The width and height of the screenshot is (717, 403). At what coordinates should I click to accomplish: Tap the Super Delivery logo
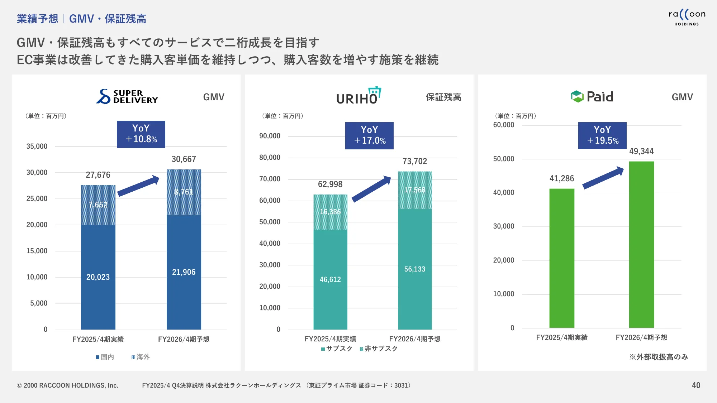tap(127, 96)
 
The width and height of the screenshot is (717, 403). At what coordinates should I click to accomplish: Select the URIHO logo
tap(358, 96)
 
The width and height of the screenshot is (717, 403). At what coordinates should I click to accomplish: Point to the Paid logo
tap(592, 96)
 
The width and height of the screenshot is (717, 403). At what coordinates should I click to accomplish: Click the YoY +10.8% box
tap(141, 134)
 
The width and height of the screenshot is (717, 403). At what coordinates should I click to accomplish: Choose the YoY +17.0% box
tap(369, 135)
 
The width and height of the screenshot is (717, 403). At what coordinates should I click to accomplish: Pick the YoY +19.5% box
tap(602, 135)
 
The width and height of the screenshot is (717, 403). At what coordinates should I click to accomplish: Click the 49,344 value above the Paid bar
tap(641, 151)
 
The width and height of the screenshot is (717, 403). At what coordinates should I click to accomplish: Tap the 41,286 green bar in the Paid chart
tap(562, 258)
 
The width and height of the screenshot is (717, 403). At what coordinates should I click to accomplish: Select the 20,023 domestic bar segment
tap(98, 277)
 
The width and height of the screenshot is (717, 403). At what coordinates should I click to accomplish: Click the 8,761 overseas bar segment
tap(184, 192)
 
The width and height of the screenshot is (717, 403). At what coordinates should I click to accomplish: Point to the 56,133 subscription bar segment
tap(415, 269)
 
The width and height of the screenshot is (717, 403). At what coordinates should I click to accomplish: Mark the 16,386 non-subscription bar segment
tap(330, 212)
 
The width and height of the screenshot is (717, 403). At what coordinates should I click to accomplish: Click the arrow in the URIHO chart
tap(371, 189)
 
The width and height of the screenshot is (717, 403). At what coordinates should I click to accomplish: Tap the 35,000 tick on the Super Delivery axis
tap(37, 146)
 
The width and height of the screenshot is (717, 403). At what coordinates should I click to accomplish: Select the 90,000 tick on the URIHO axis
tap(270, 136)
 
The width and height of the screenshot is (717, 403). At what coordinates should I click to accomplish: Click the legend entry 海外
tap(141, 357)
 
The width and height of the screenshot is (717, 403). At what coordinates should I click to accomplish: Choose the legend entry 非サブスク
tap(379, 349)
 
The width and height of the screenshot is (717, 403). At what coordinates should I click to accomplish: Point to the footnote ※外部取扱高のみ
tap(659, 357)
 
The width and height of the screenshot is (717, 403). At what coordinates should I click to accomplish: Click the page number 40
tap(696, 385)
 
